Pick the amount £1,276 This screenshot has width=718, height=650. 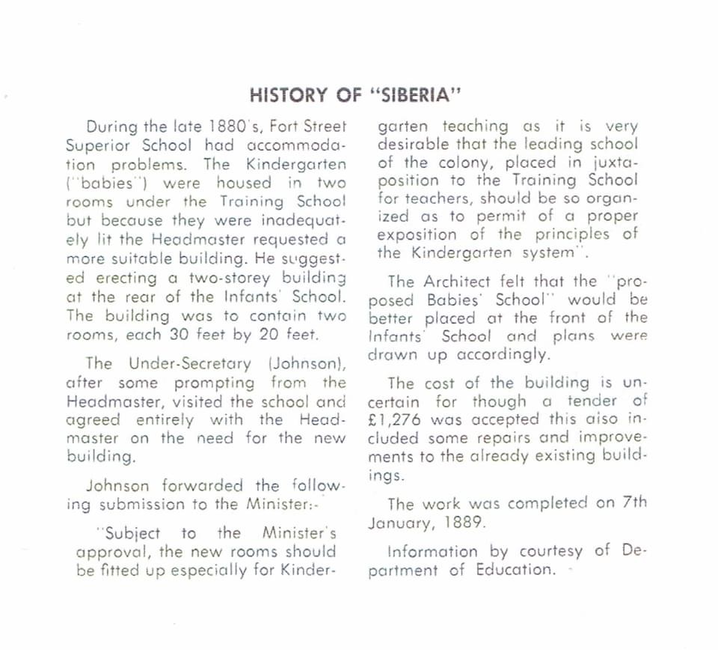pyautogui.click(x=399, y=419)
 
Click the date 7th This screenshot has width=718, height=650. pyautogui.click(x=635, y=504)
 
